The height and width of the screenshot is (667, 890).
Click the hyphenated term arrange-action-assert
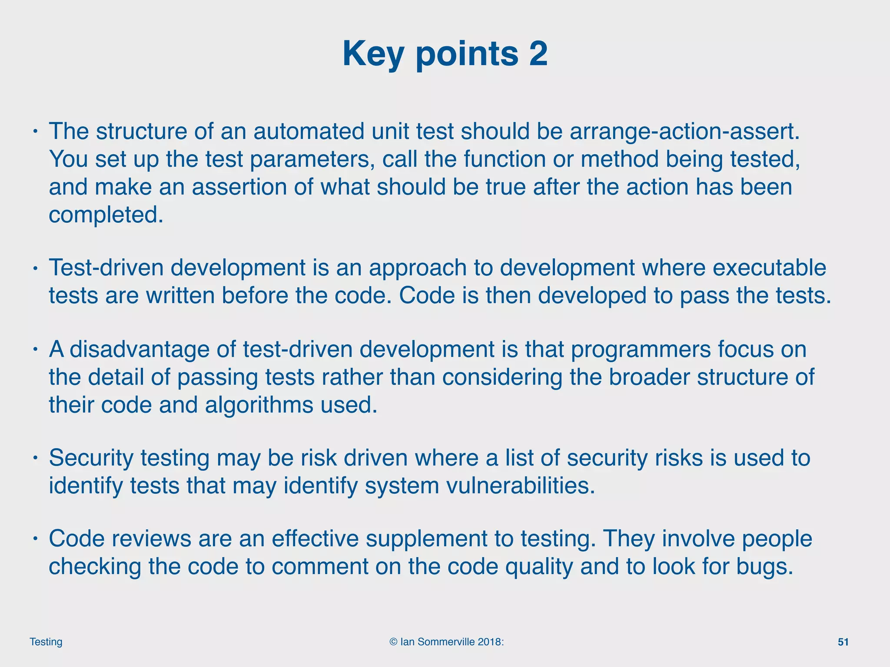click(x=684, y=132)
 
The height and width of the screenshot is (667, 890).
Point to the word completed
click(x=106, y=215)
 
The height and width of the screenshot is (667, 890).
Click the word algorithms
click(x=259, y=405)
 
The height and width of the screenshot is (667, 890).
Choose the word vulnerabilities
click(x=480, y=486)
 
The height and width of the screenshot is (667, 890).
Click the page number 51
click(x=843, y=642)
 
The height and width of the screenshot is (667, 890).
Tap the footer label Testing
click(x=46, y=642)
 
